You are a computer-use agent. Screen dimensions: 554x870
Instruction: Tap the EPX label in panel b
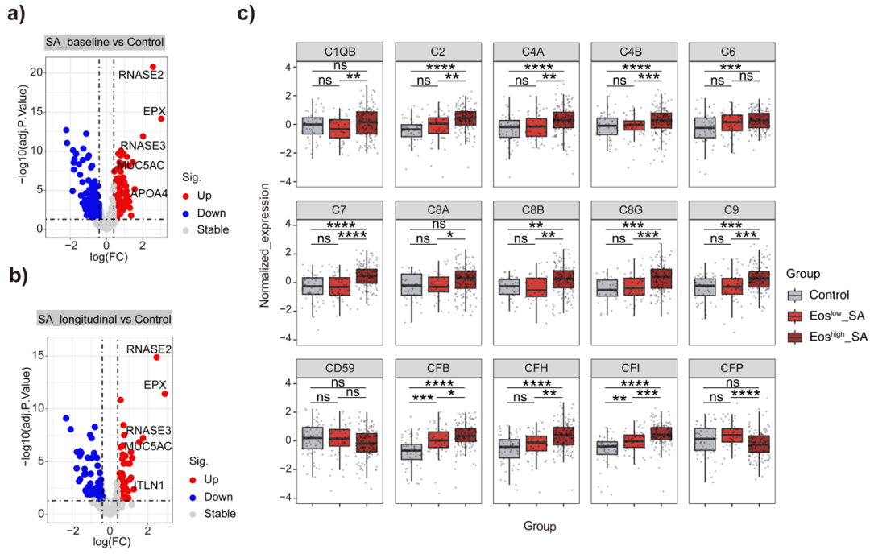[x=155, y=385]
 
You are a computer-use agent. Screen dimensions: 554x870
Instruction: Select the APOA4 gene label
[x=150, y=192]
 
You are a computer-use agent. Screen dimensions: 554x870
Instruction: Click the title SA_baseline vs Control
[x=104, y=42]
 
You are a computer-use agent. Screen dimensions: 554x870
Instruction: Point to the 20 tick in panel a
[x=35, y=72]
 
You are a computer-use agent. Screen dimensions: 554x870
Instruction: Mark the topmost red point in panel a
[x=152, y=67]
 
